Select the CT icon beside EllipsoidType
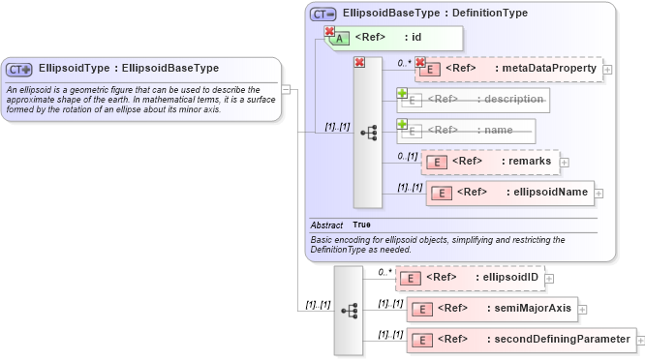click(19, 70)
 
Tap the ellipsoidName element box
click(509, 192)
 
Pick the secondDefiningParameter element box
click(521, 340)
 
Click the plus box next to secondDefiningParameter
click(640, 340)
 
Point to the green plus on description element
click(402, 94)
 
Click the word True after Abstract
click(361, 225)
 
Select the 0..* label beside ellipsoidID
click(384, 272)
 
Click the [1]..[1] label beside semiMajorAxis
click(390, 304)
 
